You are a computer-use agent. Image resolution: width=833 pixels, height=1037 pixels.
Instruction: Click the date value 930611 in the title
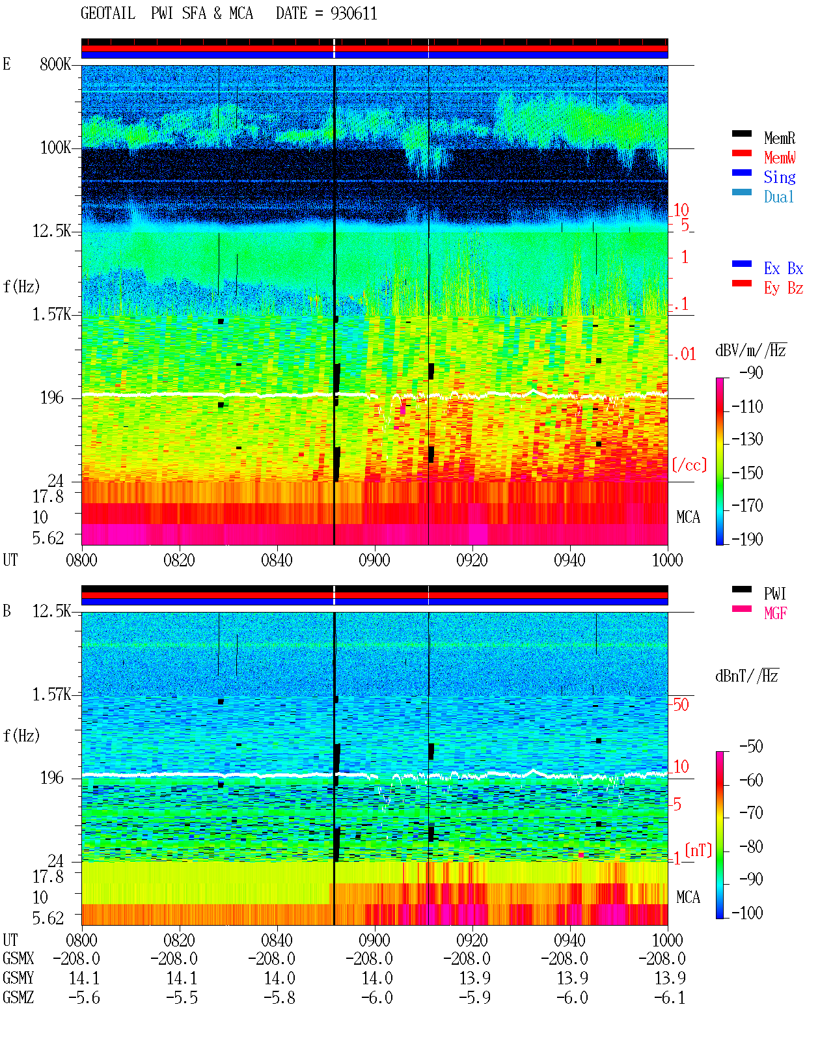point(353,14)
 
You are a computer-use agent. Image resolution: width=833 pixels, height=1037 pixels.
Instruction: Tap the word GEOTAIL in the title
point(108,14)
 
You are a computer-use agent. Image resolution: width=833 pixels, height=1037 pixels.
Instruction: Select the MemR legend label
point(780,138)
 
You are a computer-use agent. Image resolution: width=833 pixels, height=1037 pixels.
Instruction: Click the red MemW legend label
point(780,158)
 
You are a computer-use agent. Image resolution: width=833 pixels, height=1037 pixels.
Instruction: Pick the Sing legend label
point(780,177)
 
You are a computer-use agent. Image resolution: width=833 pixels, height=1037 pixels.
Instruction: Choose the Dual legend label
point(779,197)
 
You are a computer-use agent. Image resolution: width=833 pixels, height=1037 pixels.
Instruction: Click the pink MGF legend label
point(775,613)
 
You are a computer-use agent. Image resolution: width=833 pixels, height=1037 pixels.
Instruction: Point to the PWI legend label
point(775,594)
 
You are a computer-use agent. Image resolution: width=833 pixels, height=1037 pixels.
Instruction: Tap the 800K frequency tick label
point(55,64)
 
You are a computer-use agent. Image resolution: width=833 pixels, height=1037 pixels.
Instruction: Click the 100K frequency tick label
point(55,148)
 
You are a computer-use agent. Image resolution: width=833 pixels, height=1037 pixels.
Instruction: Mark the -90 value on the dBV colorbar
point(751,372)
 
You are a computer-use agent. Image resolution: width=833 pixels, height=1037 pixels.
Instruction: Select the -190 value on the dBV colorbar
point(747,539)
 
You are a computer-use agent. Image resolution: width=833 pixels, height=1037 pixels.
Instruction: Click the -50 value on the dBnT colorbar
point(751,747)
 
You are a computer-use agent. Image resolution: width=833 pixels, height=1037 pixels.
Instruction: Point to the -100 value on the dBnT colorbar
point(747,913)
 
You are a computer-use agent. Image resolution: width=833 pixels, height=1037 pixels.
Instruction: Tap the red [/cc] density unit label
point(689,465)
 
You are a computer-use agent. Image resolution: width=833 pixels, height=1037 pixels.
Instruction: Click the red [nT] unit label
point(698,850)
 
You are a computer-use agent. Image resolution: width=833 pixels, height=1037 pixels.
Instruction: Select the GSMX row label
point(18,958)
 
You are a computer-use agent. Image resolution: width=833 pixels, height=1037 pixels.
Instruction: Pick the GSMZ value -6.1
point(669,998)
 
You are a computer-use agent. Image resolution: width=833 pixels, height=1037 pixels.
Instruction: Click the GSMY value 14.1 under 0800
point(84,978)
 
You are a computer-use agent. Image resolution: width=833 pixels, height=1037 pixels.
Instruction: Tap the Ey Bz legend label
point(784,288)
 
